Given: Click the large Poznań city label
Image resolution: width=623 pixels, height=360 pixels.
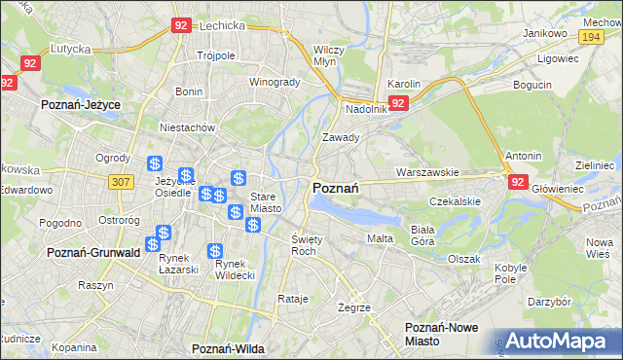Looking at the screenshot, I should coord(337,188).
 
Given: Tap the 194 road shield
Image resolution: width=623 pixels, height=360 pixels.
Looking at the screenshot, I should coord(589,36).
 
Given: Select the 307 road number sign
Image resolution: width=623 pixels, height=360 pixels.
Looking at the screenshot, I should coord(120,182).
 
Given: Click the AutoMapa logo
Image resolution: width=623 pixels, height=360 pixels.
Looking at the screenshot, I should coord(558,342).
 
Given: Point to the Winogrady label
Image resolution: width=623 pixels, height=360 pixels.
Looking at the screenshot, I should coord(275,82).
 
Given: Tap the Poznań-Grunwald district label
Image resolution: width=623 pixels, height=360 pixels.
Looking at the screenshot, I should coord(93,252).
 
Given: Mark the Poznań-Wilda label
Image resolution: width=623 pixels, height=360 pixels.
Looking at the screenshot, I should coord(229,347).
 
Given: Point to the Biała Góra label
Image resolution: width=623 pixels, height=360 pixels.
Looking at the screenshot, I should coord(421,234).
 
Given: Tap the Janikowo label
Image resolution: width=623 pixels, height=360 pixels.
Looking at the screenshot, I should coord(544,33).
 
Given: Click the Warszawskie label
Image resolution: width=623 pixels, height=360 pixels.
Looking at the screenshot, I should coord(427,172).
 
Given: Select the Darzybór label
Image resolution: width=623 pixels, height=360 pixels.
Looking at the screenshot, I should coord(549,302).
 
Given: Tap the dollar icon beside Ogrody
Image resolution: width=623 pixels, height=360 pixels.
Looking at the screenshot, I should coord(154,163).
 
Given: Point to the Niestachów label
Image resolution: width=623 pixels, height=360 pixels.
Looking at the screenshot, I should coord(188,126).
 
